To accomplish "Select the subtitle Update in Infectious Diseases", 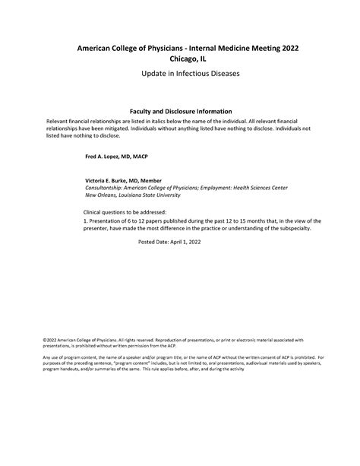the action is (180, 78).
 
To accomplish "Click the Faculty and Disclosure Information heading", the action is (180, 111).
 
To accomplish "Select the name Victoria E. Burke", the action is (112, 180).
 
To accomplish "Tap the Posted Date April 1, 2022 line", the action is (171, 241).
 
